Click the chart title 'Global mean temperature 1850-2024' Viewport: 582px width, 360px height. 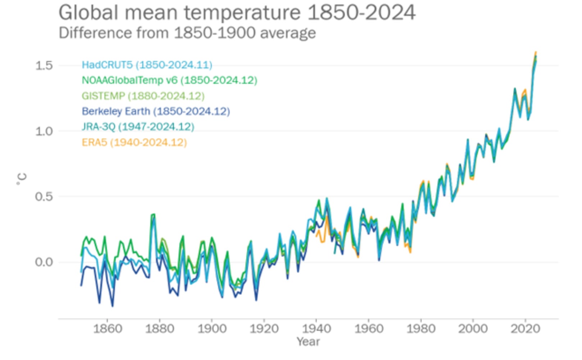237,13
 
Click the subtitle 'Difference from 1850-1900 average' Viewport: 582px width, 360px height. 187,33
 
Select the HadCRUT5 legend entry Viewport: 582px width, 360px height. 147,65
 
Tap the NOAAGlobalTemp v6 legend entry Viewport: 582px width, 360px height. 169,80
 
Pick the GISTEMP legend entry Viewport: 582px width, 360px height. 143,96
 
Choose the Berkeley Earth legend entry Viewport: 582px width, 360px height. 156,111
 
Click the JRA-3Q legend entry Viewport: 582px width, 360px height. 138,127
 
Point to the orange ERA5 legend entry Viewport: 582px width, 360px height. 134,142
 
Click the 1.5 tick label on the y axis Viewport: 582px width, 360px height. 44,66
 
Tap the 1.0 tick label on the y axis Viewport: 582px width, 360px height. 44,131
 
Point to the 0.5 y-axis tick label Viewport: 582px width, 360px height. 44,197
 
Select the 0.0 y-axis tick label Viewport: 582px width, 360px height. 44,262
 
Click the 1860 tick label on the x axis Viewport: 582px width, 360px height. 107,329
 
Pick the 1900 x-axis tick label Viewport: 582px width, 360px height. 212,329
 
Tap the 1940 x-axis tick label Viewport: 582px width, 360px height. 316,329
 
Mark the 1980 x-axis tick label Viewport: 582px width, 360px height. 420,329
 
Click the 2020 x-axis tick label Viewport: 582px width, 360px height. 525,329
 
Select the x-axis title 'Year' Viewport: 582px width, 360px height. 308,342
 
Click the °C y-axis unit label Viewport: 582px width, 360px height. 22,179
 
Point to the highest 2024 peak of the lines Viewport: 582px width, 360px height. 536,53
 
